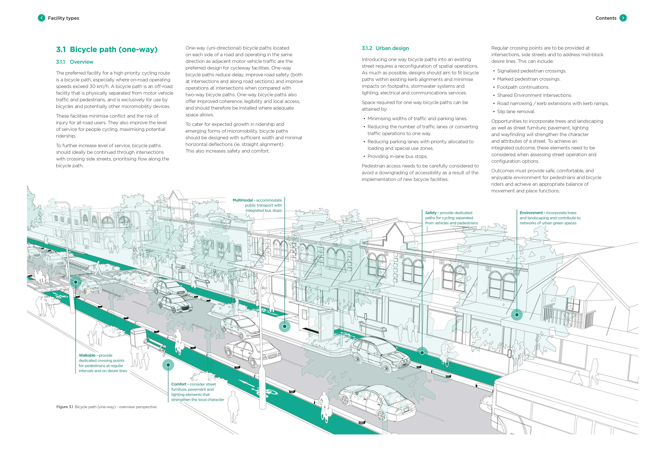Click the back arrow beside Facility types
point(41,18)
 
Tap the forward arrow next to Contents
point(623,18)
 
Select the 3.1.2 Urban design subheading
point(385,48)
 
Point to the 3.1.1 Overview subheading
point(74,62)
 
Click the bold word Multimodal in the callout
point(243,200)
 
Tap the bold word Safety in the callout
point(431,213)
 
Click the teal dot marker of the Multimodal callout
point(285,326)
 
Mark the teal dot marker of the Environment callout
point(517,315)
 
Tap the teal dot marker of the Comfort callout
point(168,365)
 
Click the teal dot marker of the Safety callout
point(422,352)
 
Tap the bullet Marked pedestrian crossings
point(529,79)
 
